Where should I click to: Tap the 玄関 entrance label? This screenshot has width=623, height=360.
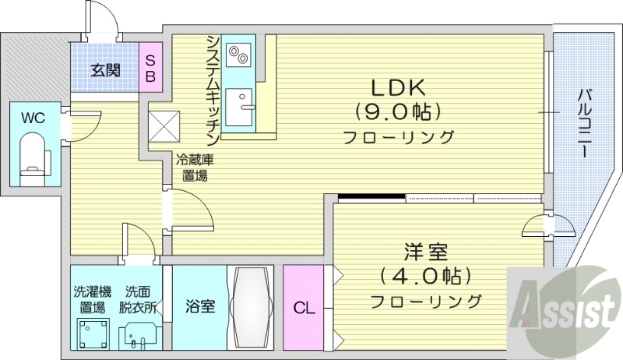(105, 70)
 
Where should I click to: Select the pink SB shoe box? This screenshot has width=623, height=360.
(151, 69)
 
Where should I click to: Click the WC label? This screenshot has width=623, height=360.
(32, 118)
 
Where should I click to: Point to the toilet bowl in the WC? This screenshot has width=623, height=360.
(32, 155)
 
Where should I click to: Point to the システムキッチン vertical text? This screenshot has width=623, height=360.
(213, 86)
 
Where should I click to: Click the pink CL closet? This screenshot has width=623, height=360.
(304, 308)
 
